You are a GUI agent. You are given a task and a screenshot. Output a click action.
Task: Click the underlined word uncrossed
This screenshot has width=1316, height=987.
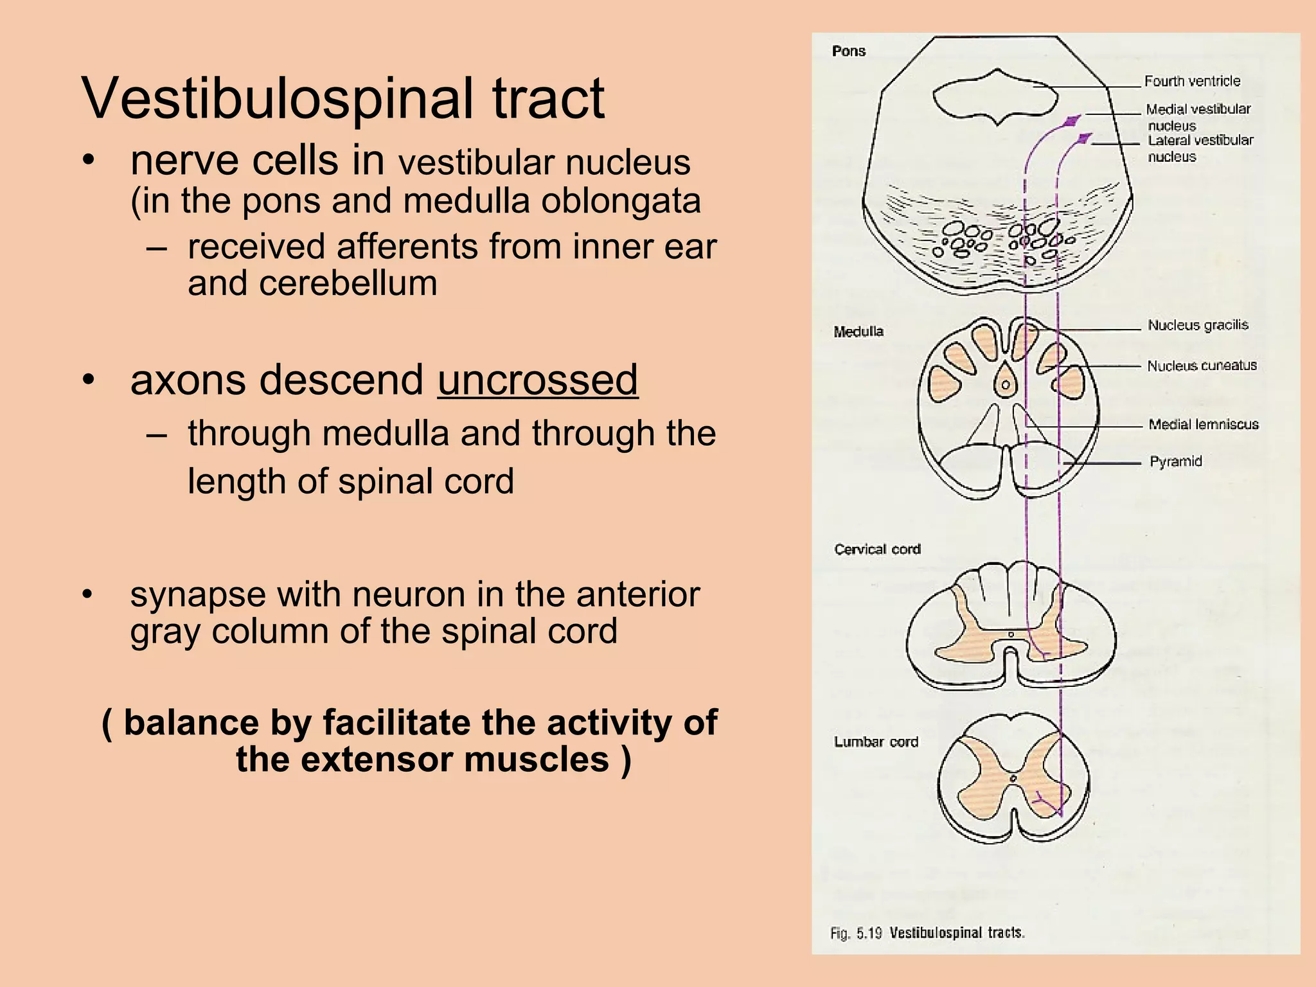(538, 380)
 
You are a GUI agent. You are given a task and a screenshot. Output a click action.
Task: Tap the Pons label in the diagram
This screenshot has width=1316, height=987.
(848, 51)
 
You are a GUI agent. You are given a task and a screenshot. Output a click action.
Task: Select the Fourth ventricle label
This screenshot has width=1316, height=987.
(1192, 81)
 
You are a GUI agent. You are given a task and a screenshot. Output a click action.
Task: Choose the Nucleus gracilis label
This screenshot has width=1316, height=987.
(1198, 325)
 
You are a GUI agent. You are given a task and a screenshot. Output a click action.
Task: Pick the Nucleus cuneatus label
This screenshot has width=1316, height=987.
(1202, 366)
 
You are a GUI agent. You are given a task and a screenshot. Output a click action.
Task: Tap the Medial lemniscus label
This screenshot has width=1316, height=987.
(1203, 424)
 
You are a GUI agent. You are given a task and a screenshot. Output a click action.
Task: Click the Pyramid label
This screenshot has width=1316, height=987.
(1175, 461)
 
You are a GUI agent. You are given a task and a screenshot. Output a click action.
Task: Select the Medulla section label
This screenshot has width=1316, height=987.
(858, 332)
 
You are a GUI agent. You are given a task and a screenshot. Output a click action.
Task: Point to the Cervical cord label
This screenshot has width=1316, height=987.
(877, 549)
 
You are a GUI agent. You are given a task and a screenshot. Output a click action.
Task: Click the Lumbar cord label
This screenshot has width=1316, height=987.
(876, 742)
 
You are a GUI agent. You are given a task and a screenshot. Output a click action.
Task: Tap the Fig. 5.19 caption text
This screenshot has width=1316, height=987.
(927, 933)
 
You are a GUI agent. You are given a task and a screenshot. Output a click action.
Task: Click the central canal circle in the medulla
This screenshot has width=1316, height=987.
(1006, 385)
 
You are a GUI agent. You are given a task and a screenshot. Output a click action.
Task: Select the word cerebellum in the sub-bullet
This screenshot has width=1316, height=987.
(348, 283)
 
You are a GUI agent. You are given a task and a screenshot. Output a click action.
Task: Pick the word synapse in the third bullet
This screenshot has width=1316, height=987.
(197, 594)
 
